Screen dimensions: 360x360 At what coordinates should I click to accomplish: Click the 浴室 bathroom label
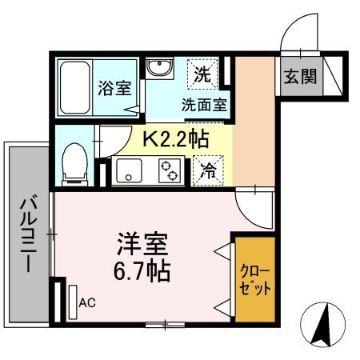coord(114,88)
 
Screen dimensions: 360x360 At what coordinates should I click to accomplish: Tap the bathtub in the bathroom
coord(74,88)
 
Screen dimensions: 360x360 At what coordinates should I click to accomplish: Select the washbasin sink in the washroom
coord(160,68)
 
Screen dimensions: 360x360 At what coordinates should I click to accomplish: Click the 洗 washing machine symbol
coord(202,74)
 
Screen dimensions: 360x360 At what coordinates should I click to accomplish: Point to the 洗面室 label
coord(204,105)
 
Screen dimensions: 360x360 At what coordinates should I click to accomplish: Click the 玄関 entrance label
coord(300,77)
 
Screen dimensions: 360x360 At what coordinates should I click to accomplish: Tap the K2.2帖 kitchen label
coord(176,140)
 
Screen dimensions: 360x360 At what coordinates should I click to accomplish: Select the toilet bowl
coord(74,165)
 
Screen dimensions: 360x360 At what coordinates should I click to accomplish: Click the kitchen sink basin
coord(130,170)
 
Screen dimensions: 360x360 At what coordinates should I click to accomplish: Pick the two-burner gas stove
coord(169,170)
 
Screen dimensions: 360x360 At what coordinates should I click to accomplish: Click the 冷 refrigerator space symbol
coord(208,170)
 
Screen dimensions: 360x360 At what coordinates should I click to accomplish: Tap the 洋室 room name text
coord(142,244)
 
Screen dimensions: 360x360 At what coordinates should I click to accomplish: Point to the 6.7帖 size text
coord(142,271)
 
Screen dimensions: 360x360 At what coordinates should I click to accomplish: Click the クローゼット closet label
coord(255,279)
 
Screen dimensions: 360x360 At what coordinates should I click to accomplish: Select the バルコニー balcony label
coord(29,234)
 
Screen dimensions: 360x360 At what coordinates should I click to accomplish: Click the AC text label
coord(87,302)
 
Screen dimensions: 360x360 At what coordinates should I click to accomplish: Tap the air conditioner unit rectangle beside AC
coord(73,302)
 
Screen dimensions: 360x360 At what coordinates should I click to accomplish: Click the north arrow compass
coord(323,325)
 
